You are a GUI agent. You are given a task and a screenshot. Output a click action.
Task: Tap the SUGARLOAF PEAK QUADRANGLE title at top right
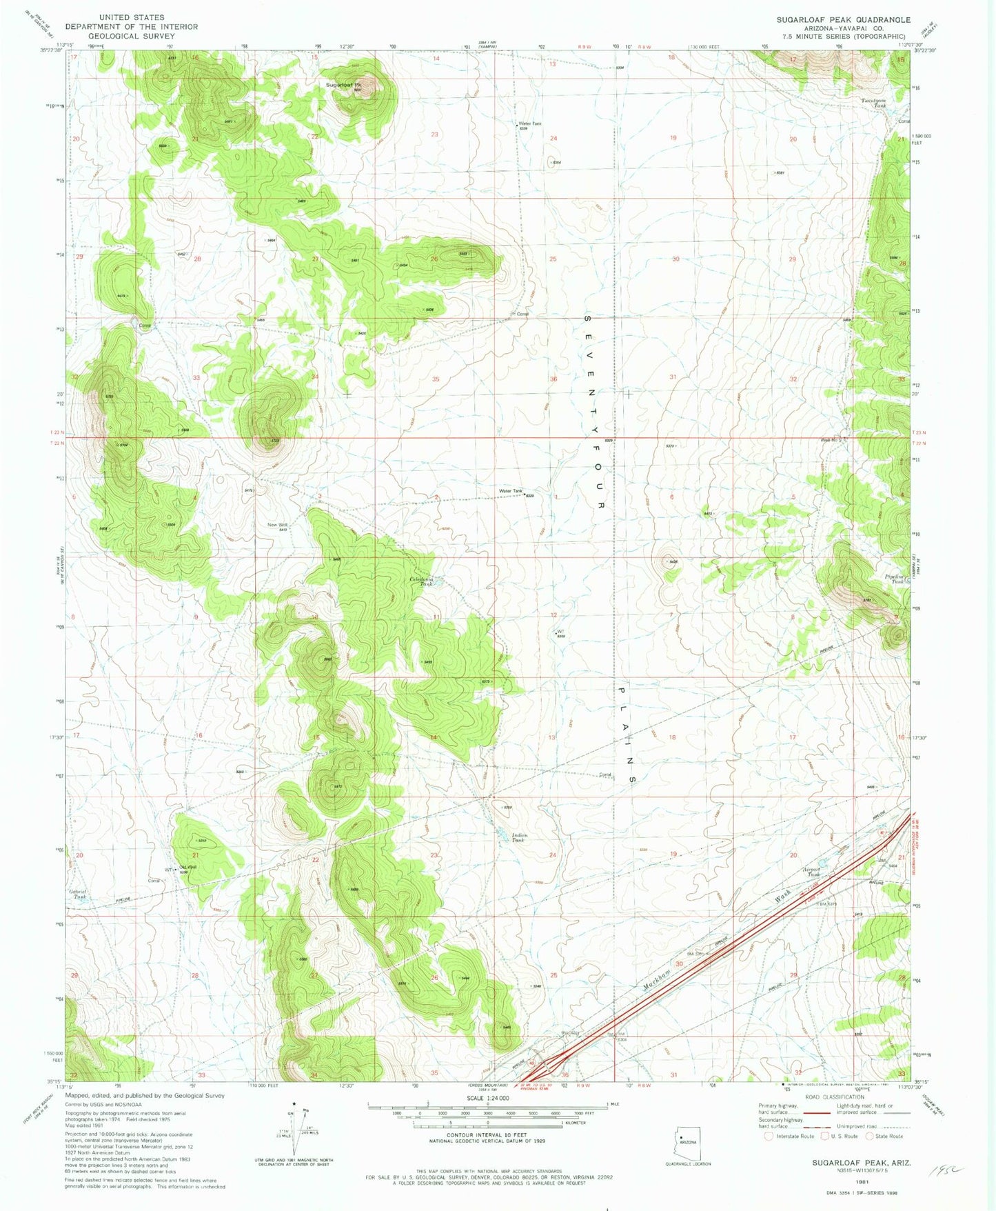tap(843, 20)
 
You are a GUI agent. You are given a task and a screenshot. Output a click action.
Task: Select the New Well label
tap(277, 525)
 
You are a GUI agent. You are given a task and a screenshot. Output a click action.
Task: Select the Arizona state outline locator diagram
tap(688, 1141)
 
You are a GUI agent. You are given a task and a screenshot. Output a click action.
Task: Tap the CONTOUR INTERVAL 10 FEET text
tap(487, 1134)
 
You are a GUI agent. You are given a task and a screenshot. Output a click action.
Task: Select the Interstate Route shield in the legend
tap(769, 1136)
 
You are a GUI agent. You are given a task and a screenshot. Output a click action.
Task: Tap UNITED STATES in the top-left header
tap(132, 17)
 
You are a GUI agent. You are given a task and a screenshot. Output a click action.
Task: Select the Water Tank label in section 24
tap(529, 123)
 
